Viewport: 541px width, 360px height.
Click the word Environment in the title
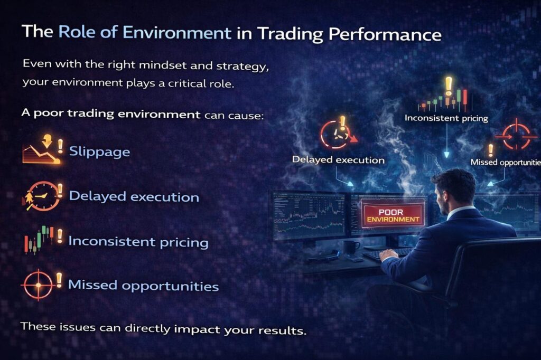pyautogui.click(x=176, y=33)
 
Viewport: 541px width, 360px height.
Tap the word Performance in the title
pyautogui.click(x=385, y=34)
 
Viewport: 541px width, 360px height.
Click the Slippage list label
pyautogui.click(x=99, y=151)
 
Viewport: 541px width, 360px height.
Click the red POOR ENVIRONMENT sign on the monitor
pyautogui.click(x=393, y=215)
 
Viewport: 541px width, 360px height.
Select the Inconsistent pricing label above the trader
pyautogui.click(x=446, y=118)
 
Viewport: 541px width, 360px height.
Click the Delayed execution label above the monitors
pyautogui.click(x=338, y=159)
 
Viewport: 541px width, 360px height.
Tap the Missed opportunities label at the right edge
pyautogui.click(x=506, y=162)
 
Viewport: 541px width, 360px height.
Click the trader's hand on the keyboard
pyautogui.click(x=388, y=254)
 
